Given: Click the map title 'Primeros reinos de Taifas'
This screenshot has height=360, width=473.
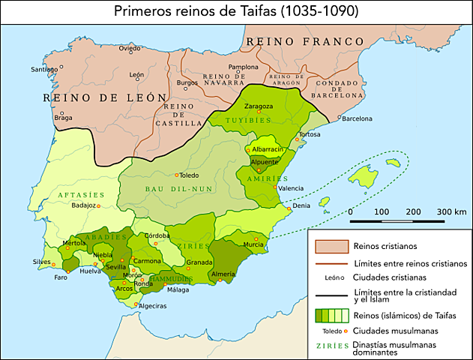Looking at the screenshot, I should click(x=235, y=11).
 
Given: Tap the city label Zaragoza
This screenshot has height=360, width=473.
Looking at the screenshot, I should click(x=259, y=106).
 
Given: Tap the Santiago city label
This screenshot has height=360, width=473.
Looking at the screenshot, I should click(x=43, y=70).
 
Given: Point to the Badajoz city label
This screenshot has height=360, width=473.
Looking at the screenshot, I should click(x=84, y=204).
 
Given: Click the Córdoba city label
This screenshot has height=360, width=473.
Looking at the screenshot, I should click(x=157, y=236).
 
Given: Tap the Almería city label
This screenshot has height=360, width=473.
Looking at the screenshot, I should click(x=223, y=274).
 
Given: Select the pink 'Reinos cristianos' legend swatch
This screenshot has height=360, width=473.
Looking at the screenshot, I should click(x=332, y=246).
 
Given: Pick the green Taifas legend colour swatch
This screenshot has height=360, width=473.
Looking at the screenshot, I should click(x=332, y=315).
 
